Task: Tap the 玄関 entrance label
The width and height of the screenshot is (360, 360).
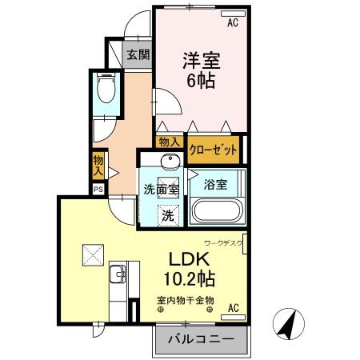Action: (138, 54)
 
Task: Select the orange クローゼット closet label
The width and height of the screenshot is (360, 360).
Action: (214, 147)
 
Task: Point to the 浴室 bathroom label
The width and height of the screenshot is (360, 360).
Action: (214, 184)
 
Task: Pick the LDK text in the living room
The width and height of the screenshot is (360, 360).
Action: (188, 260)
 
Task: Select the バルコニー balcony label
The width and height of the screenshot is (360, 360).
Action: (200, 338)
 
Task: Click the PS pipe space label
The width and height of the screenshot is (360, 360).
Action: (98, 189)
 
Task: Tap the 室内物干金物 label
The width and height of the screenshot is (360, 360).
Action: (185, 300)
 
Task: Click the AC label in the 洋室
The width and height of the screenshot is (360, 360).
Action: (233, 23)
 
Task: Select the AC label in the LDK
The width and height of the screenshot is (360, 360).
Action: (234, 307)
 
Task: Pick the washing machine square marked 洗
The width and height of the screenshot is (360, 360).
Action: (168, 214)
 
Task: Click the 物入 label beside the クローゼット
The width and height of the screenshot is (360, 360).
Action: (169, 142)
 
